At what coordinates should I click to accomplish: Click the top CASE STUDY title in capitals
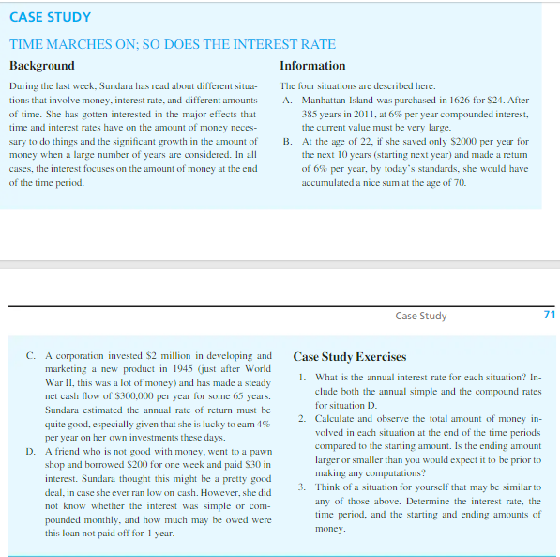(x=51, y=17)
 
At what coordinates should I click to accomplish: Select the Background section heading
(x=41, y=66)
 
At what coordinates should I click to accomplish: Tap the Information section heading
(x=312, y=66)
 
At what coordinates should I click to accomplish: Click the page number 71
(x=549, y=316)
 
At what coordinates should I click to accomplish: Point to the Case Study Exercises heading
(x=350, y=357)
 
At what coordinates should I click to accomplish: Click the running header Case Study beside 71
(x=421, y=317)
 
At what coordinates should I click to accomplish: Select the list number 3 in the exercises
(x=301, y=487)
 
